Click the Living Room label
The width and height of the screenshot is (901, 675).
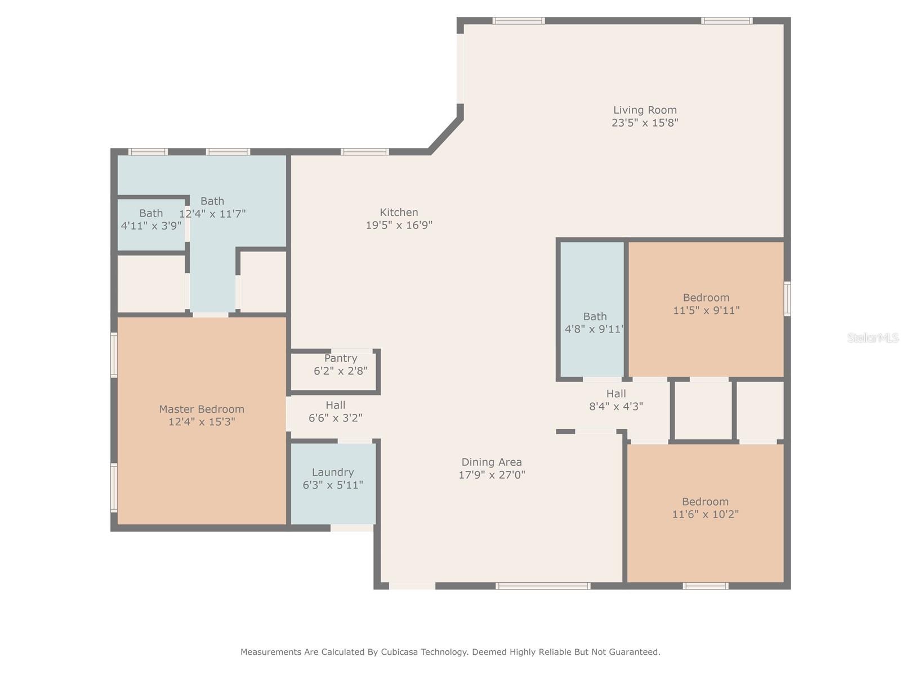pyautogui.click(x=644, y=110)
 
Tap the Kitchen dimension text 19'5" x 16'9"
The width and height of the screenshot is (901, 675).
pyautogui.click(x=399, y=225)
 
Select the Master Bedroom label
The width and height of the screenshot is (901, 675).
pyautogui.click(x=202, y=409)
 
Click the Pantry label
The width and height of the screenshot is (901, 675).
pyautogui.click(x=341, y=358)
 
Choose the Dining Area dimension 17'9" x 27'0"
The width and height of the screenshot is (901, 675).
pyautogui.click(x=492, y=475)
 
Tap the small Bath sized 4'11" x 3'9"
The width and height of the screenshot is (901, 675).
pyautogui.click(x=151, y=224)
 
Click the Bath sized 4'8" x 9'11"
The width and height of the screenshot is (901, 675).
pyautogui.click(x=592, y=309)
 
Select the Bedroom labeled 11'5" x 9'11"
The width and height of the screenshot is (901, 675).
pyautogui.click(x=706, y=309)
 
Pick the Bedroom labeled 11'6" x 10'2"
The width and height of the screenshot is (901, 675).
pyautogui.click(x=705, y=513)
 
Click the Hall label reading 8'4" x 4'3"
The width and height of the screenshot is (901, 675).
pyautogui.click(x=616, y=400)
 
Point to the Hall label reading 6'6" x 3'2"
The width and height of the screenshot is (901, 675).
pyautogui.click(x=336, y=412)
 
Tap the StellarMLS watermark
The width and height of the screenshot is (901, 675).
pyautogui.click(x=873, y=337)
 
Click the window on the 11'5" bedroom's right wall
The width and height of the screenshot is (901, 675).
pyautogui.click(x=787, y=298)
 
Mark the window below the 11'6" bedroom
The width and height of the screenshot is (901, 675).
pyautogui.click(x=706, y=586)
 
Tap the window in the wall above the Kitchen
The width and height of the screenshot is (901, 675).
pyautogui.click(x=364, y=152)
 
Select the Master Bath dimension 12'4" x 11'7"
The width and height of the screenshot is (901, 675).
pyautogui.click(x=212, y=214)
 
